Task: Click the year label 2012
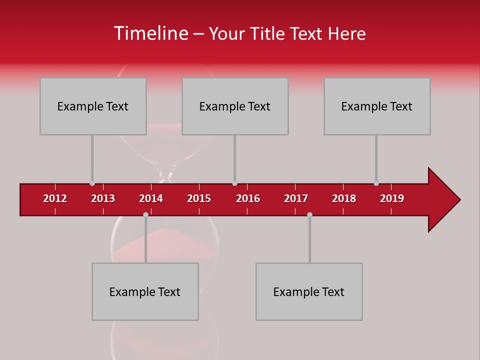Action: (x=55, y=198)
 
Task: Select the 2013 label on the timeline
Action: (x=103, y=198)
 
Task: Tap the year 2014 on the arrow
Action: (x=151, y=198)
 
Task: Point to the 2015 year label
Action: (x=199, y=198)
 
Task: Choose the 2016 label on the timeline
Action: (x=248, y=198)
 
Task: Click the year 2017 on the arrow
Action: (x=296, y=198)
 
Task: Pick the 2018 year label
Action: (x=344, y=198)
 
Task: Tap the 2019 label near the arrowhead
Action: (x=392, y=198)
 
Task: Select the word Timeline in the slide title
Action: (x=150, y=33)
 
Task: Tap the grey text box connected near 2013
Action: (x=93, y=106)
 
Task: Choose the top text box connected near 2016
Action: (x=235, y=106)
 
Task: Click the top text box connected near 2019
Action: (x=377, y=106)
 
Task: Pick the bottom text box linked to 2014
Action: (x=145, y=291)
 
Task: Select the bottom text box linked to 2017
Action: (x=309, y=291)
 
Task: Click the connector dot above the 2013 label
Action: (x=92, y=183)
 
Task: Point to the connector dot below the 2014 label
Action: (x=145, y=214)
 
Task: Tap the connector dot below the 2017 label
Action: (x=309, y=214)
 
